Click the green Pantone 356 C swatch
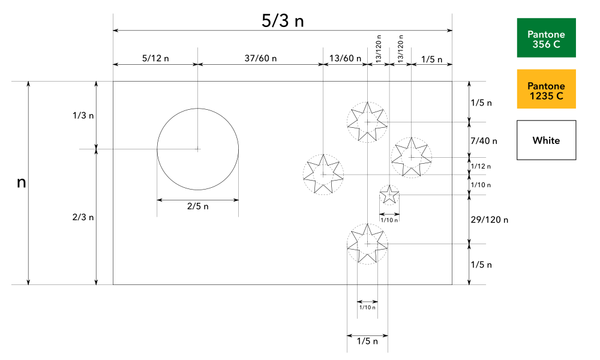[x=546, y=38]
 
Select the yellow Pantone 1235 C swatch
[x=546, y=89]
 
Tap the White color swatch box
[x=546, y=140]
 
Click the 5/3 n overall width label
[x=283, y=20]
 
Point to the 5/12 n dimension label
[x=155, y=59]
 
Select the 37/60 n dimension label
[x=261, y=59]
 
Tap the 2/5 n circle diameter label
[x=198, y=206]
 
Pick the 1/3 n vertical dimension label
[x=82, y=115]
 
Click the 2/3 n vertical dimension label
[x=82, y=217]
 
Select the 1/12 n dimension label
[x=482, y=166]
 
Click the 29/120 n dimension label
[x=489, y=220]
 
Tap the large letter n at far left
[x=21, y=182]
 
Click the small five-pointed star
[x=389, y=194]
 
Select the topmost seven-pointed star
[x=367, y=122]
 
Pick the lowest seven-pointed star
[x=367, y=244]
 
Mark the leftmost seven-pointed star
[x=323, y=174]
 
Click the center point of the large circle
[x=198, y=149]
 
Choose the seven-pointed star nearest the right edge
[x=411, y=157]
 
